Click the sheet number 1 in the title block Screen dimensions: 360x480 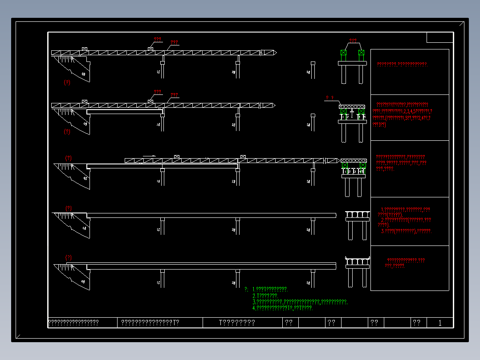(440, 323)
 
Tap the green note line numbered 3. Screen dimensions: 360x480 (300, 302)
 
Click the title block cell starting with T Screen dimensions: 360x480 (237, 323)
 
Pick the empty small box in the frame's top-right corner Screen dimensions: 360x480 (439, 37)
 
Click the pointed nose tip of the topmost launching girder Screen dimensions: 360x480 (276, 53)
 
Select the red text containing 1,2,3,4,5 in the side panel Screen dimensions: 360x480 (403, 111)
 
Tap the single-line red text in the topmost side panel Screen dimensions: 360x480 (402, 64)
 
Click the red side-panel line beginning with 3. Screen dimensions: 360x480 (406, 231)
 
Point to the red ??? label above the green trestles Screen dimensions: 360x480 (353, 41)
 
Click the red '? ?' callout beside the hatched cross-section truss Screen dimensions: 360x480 (330, 98)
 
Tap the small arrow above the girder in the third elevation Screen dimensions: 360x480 (149, 155)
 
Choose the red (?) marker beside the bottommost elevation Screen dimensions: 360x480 (69, 258)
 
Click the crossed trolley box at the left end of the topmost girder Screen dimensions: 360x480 (85, 49)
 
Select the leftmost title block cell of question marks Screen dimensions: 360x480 (73, 323)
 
